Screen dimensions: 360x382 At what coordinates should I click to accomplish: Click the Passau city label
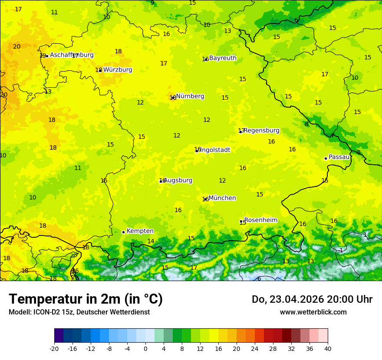coord(339,157)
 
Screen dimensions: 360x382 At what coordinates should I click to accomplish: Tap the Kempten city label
coord(140,231)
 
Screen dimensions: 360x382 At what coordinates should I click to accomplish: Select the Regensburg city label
coord(262,131)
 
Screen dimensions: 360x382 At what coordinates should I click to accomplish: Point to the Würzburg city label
coord(118,70)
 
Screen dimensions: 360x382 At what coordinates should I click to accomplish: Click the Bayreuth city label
coord(223,58)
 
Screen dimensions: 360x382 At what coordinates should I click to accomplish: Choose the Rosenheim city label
coord(260,220)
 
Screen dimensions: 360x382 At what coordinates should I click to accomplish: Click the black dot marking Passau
coord(326,158)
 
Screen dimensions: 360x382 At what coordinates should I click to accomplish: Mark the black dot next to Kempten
coord(123,232)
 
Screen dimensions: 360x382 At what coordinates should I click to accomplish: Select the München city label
coord(222,198)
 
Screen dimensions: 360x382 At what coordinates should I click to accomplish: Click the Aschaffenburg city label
coord(72,55)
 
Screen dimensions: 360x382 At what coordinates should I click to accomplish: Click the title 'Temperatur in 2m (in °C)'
coord(86,299)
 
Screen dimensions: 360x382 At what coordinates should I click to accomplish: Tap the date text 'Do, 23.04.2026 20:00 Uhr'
coord(312,299)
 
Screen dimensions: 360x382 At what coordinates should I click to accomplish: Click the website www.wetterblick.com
coord(313,312)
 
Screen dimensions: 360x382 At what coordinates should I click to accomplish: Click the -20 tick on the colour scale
coord(54,349)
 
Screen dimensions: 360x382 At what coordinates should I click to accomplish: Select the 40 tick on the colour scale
coord(328,349)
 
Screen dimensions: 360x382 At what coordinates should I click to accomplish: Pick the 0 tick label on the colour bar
coord(145,349)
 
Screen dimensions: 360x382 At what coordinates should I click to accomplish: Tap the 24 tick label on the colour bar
coord(255,349)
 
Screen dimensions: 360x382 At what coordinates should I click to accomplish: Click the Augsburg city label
coord(178,180)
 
